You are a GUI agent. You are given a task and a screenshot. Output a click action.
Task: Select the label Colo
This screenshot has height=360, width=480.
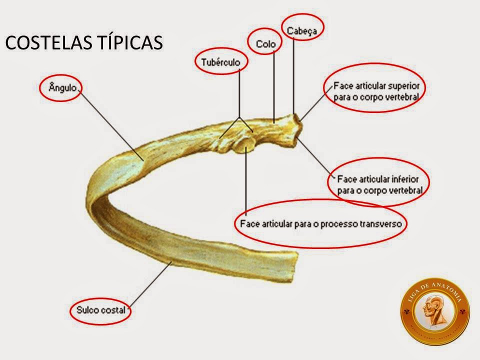[265, 44]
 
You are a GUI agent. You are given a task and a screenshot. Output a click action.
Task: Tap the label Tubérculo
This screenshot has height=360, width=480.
[220, 61]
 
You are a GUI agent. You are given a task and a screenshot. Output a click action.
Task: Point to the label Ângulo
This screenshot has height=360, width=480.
[62, 87]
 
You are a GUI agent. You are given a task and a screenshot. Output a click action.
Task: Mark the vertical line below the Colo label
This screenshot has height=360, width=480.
[274, 85]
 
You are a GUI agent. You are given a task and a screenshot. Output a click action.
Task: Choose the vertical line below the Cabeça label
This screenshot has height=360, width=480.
[293, 75]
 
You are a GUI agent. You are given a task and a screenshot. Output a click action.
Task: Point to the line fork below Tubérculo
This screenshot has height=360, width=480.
[239, 117]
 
